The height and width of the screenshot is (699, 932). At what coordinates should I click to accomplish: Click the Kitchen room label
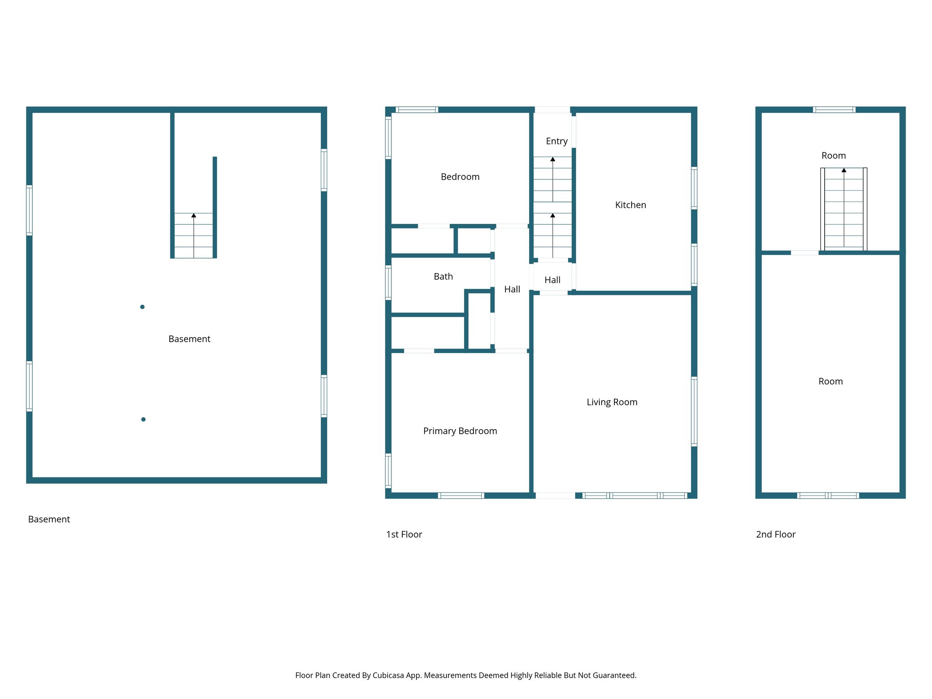[630, 205]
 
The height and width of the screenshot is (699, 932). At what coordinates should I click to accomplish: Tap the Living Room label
[612, 402]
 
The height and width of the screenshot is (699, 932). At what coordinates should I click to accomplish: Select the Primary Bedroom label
[460, 431]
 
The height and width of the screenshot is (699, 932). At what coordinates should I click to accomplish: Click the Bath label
[443, 277]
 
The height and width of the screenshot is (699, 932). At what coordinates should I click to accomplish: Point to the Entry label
[557, 141]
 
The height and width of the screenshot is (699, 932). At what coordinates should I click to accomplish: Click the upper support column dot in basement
[142, 307]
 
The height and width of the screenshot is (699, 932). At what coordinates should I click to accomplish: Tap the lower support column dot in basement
[143, 420]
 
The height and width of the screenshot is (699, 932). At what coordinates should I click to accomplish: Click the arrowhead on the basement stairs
[194, 215]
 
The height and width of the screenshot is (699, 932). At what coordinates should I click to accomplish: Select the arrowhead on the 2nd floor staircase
[844, 170]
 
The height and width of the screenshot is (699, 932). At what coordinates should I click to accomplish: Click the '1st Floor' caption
[404, 535]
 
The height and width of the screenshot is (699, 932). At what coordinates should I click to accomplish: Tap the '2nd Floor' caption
[775, 535]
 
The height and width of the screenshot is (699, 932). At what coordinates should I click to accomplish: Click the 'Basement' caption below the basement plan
[49, 520]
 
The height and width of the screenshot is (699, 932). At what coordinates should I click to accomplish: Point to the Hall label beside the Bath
[512, 289]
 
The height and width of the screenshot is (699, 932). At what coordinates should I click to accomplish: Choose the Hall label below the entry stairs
[552, 280]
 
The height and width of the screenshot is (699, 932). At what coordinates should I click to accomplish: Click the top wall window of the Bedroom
[416, 110]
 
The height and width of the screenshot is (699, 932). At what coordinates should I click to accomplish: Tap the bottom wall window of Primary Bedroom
[461, 496]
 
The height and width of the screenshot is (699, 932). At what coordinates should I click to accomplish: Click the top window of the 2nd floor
[834, 110]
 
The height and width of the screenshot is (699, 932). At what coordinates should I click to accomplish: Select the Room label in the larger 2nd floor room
[831, 382]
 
